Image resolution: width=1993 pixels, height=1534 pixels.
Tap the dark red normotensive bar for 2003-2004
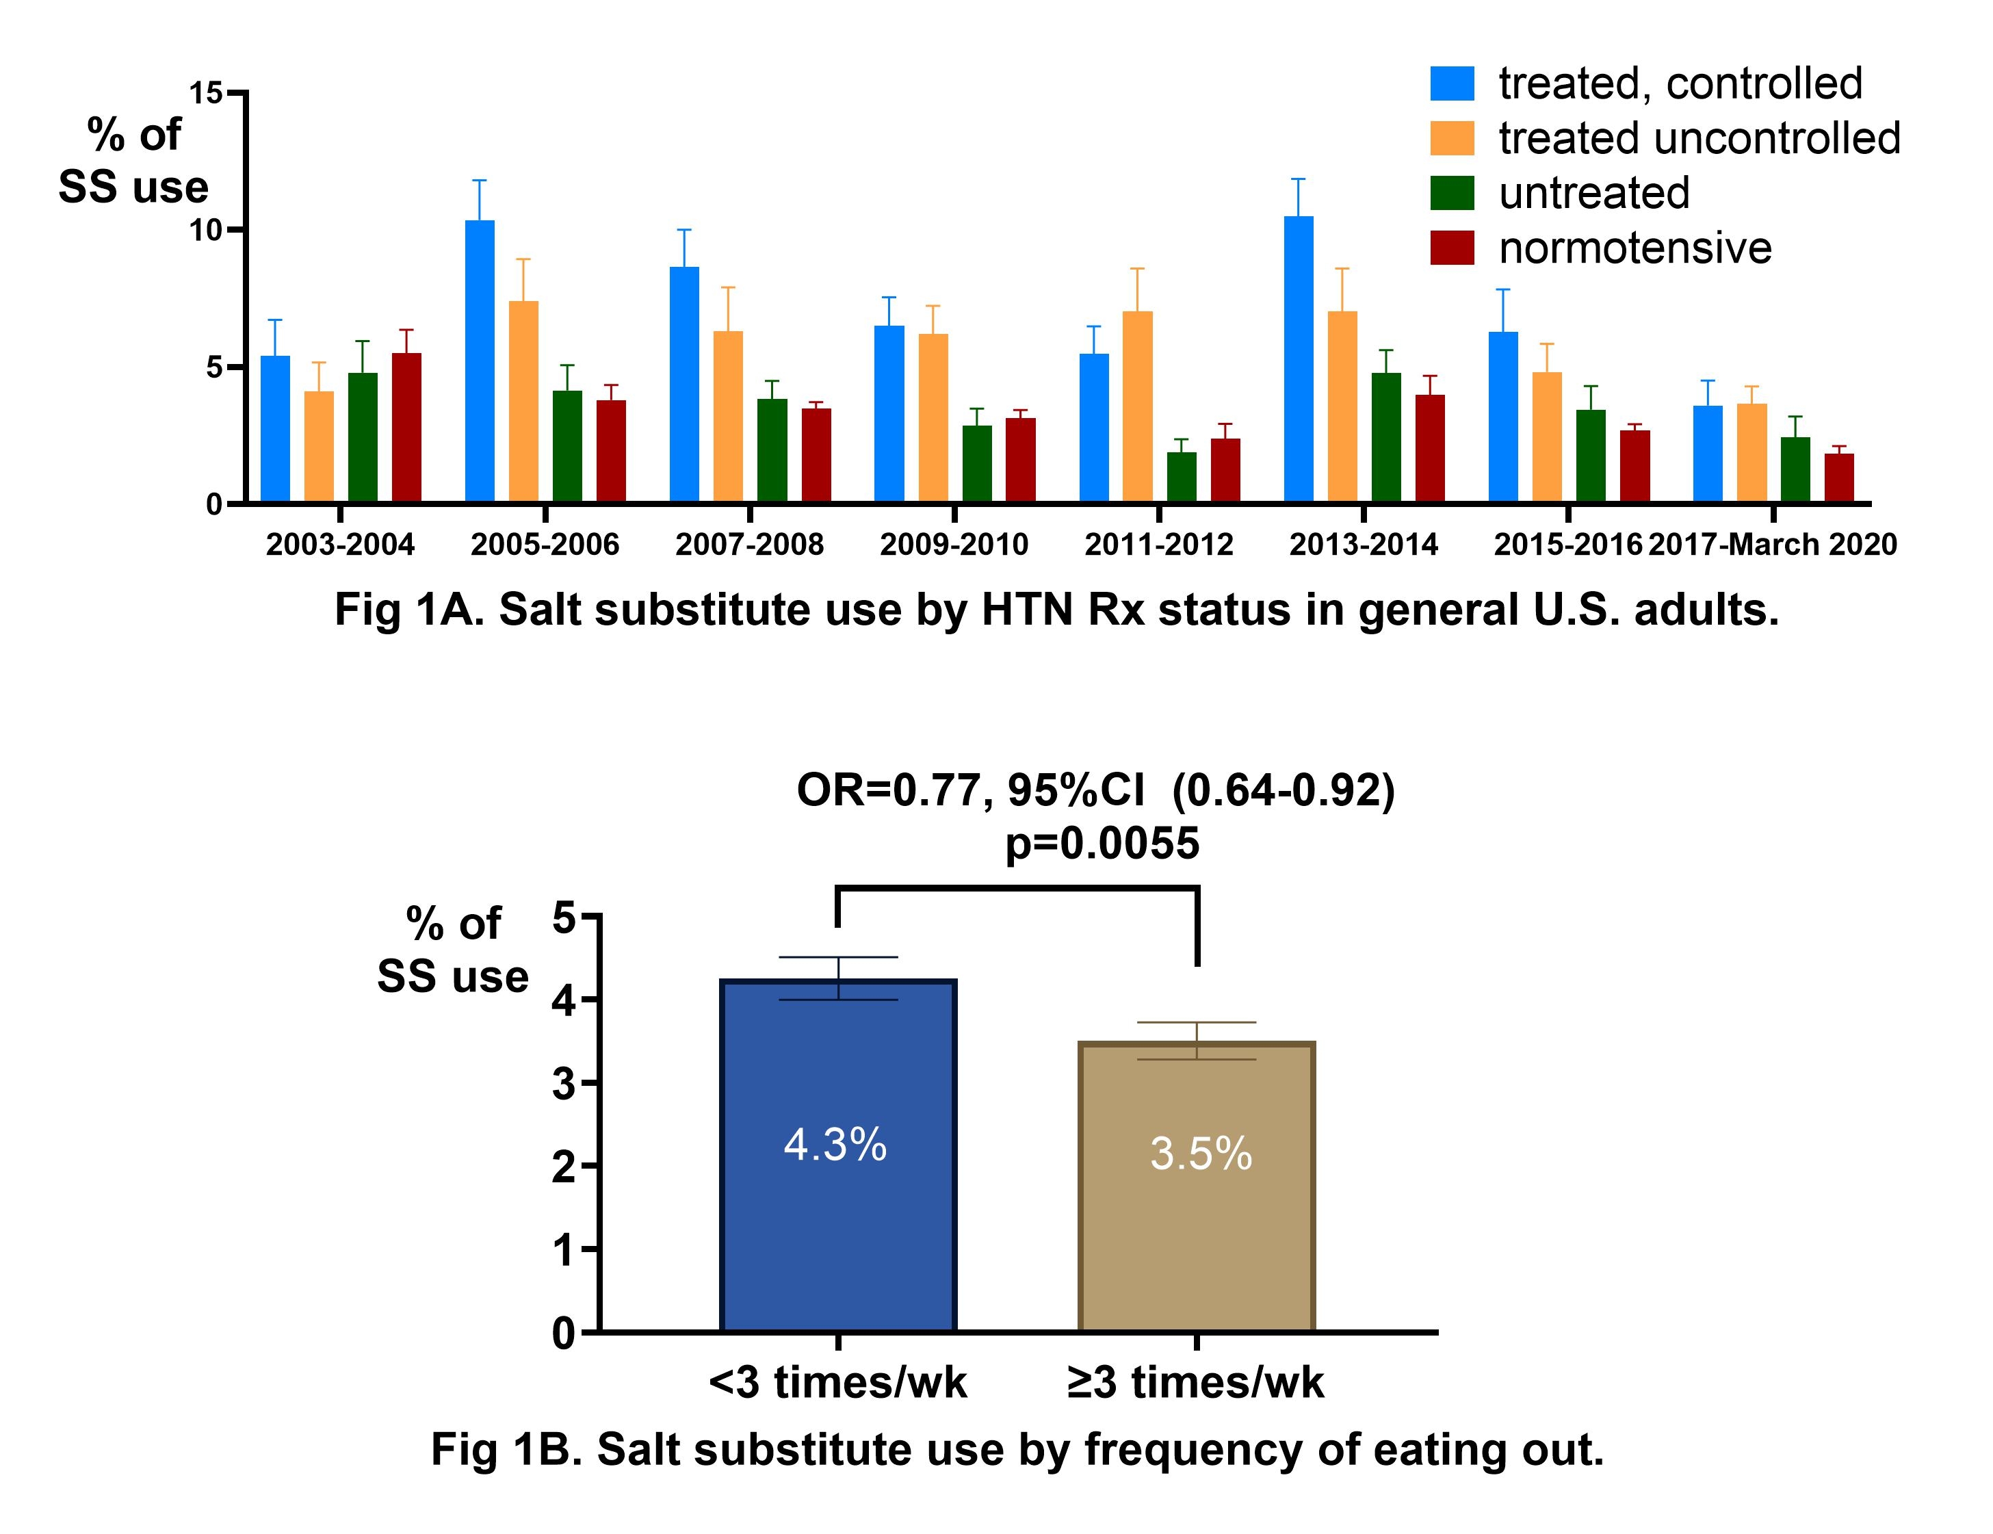pos(406,428)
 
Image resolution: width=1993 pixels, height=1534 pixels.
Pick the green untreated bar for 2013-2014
pos(1386,438)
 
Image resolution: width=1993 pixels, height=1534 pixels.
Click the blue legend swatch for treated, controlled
pos(1452,84)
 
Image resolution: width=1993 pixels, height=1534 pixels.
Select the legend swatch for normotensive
pos(1452,248)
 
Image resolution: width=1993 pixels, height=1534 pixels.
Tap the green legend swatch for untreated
pos(1452,194)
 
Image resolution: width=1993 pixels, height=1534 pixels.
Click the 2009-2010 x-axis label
pos(954,545)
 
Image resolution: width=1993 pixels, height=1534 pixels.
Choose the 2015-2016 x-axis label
pos(1567,545)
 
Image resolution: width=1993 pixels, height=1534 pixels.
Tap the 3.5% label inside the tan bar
pos(1200,1154)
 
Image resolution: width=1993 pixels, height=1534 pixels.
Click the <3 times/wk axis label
pos(837,1383)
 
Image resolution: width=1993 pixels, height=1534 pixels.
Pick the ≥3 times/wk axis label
pos(1195,1383)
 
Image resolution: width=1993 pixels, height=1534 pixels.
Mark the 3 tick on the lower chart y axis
pos(564,1084)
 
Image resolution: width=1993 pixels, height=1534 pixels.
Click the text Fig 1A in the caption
pos(407,610)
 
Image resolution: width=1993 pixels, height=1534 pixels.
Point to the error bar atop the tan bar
pos(1197,1040)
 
